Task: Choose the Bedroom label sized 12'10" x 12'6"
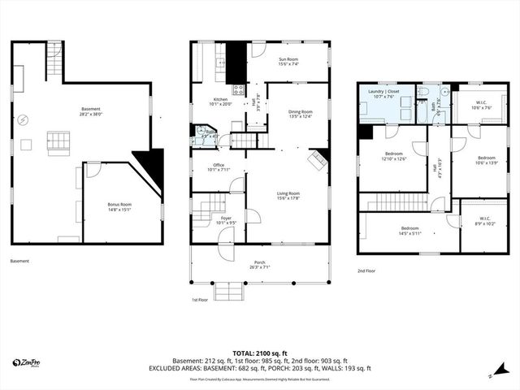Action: pos(393,155)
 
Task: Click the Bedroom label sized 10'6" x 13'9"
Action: pos(486,160)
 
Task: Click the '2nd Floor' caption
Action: pos(367,271)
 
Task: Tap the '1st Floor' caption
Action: pos(200,299)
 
